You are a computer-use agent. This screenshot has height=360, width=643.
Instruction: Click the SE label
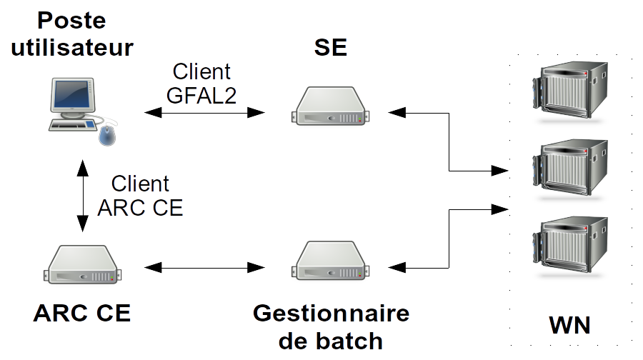click(x=331, y=47)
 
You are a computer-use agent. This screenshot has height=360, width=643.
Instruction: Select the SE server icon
click(x=332, y=107)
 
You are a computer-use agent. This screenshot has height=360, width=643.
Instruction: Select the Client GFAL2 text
click(x=201, y=83)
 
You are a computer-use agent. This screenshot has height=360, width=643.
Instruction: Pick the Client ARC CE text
click(x=140, y=195)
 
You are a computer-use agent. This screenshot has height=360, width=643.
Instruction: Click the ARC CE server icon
click(x=83, y=265)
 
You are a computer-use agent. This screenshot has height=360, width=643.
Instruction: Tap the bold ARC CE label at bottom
click(x=82, y=314)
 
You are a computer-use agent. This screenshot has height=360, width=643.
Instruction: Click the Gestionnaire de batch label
click(x=331, y=326)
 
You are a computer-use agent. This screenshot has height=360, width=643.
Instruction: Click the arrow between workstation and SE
click(x=204, y=112)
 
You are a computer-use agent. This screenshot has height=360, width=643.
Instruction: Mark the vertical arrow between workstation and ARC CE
click(x=83, y=194)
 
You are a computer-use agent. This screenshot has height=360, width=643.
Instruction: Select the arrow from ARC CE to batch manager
click(x=204, y=268)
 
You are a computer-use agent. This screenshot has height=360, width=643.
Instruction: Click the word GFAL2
click(x=201, y=94)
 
